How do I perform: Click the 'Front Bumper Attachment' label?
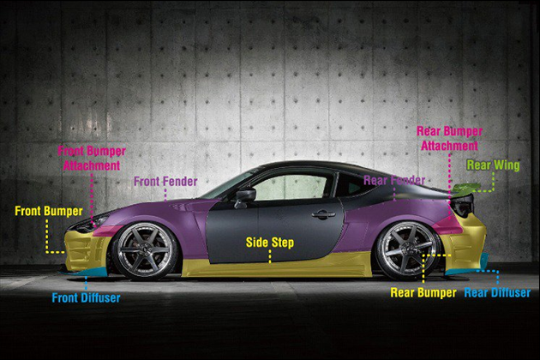click(92, 158)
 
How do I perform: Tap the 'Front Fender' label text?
click(165, 182)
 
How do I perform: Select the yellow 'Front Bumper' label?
click(49, 210)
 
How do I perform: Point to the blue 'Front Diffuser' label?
click(86, 298)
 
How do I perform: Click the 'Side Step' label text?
click(270, 243)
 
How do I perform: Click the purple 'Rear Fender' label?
click(393, 180)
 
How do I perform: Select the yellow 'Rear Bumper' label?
click(424, 291)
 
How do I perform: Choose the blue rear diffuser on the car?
click(468, 274)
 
